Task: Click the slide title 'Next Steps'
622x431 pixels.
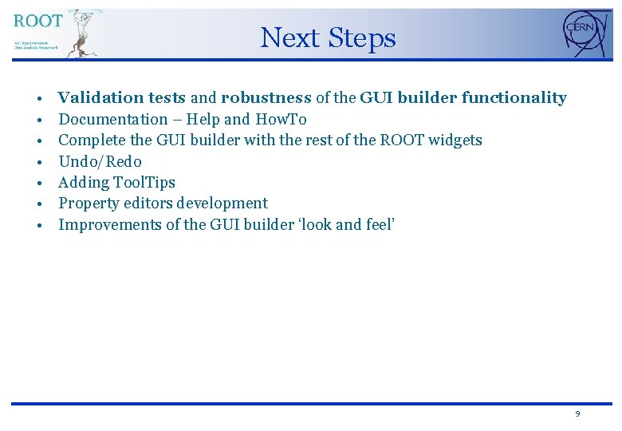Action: click(x=328, y=38)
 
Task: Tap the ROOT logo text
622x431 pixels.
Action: click(x=37, y=21)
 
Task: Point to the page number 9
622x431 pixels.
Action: click(x=577, y=414)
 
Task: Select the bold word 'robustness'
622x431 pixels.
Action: click(x=266, y=98)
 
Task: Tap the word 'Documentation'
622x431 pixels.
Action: click(x=113, y=120)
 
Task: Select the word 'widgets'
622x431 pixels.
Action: click(x=455, y=140)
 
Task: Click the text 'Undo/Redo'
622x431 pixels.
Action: click(x=100, y=161)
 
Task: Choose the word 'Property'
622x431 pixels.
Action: click(x=89, y=204)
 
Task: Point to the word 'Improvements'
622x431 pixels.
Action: click(x=109, y=224)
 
